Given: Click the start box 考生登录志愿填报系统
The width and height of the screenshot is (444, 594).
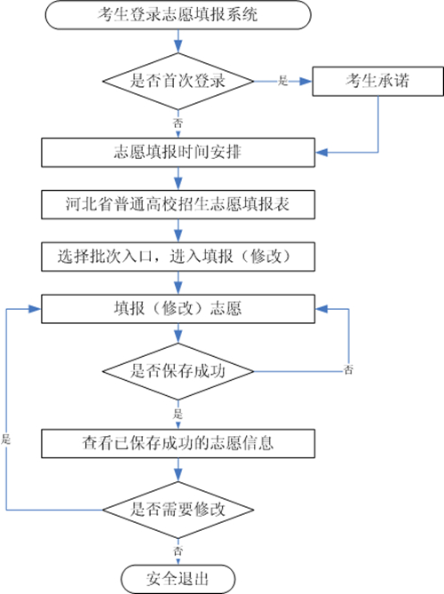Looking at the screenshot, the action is point(178,15).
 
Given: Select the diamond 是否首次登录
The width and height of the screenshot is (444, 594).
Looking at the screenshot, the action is point(178,81).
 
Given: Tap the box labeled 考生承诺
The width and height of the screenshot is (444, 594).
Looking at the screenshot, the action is point(377,81).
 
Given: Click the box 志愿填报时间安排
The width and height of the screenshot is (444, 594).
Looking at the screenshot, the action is point(178,153).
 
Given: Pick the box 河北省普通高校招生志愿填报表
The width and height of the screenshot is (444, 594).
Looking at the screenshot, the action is point(178,204).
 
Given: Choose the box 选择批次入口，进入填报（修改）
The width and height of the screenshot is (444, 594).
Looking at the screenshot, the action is point(178,257).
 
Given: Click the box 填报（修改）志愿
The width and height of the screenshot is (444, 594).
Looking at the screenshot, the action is point(178,309).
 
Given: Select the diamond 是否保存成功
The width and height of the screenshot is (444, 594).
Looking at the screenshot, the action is point(178,371).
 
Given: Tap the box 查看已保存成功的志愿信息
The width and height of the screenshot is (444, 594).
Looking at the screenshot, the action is point(178,443).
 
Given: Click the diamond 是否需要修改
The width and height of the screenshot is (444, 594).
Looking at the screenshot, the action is point(178,510).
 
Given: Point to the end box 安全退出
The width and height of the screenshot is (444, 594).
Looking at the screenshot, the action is point(178,579).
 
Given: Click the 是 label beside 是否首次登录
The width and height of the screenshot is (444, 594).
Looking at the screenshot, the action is point(283,81).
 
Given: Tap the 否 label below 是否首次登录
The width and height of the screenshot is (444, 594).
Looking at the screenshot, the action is point(178,123).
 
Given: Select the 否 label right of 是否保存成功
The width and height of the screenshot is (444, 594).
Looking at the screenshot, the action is point(348,369).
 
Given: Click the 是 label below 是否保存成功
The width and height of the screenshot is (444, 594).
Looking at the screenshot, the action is point(178,414).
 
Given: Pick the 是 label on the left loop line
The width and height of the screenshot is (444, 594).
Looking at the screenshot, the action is point(5,440).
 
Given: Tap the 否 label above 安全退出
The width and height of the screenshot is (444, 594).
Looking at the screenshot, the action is point(178,550).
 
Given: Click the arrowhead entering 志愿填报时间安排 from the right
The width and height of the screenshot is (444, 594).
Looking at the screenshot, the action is point(321,153).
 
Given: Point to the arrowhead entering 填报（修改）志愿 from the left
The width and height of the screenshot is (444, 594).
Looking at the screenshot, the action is point(36,309).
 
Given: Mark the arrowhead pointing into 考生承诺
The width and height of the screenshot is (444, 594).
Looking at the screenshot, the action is point(305,81).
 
